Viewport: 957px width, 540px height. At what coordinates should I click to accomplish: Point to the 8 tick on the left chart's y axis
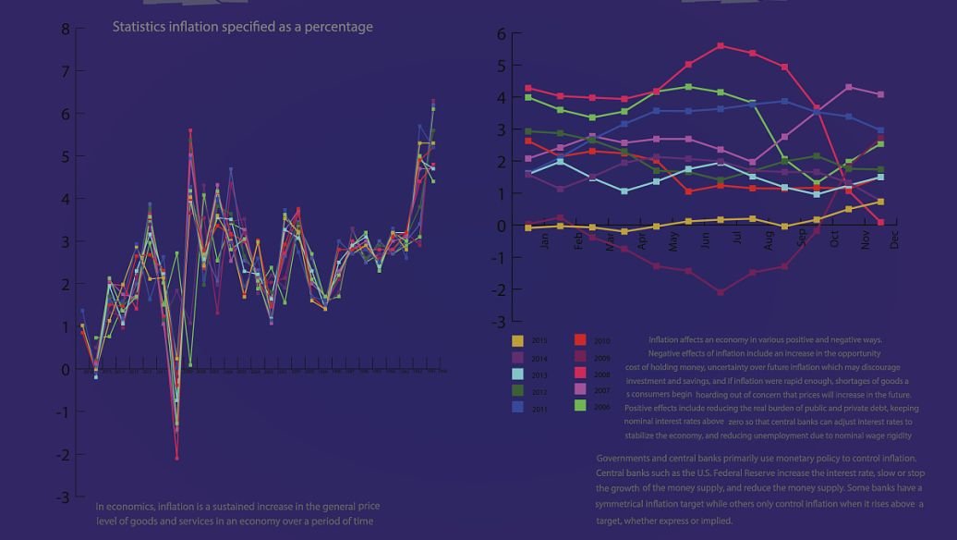coord(65,29)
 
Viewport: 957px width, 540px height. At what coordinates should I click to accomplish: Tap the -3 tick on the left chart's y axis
coord(62,497)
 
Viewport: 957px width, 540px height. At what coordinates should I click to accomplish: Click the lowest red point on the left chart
coord(176,458)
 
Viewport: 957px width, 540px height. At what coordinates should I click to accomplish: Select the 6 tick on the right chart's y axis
coord(502,34)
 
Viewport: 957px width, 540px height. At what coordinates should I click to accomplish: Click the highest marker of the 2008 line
coord(721,45)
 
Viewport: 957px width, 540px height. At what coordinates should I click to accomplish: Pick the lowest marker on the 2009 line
coord(721,292)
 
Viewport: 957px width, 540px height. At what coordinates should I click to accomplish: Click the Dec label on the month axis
coord(893,239)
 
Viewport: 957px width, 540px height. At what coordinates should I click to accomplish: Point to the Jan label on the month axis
coord(545,239)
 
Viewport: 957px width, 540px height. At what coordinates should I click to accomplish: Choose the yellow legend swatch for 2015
coord(518,341)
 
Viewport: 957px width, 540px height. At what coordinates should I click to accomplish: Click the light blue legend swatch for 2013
coord(518,374)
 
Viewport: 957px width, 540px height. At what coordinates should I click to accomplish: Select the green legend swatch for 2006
coord(580,406)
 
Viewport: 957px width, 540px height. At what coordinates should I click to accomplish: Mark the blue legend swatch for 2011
coord(518,406)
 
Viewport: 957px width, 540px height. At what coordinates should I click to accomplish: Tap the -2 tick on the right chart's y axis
coord(500,289)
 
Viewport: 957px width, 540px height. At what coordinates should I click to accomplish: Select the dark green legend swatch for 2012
coord(518,390)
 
